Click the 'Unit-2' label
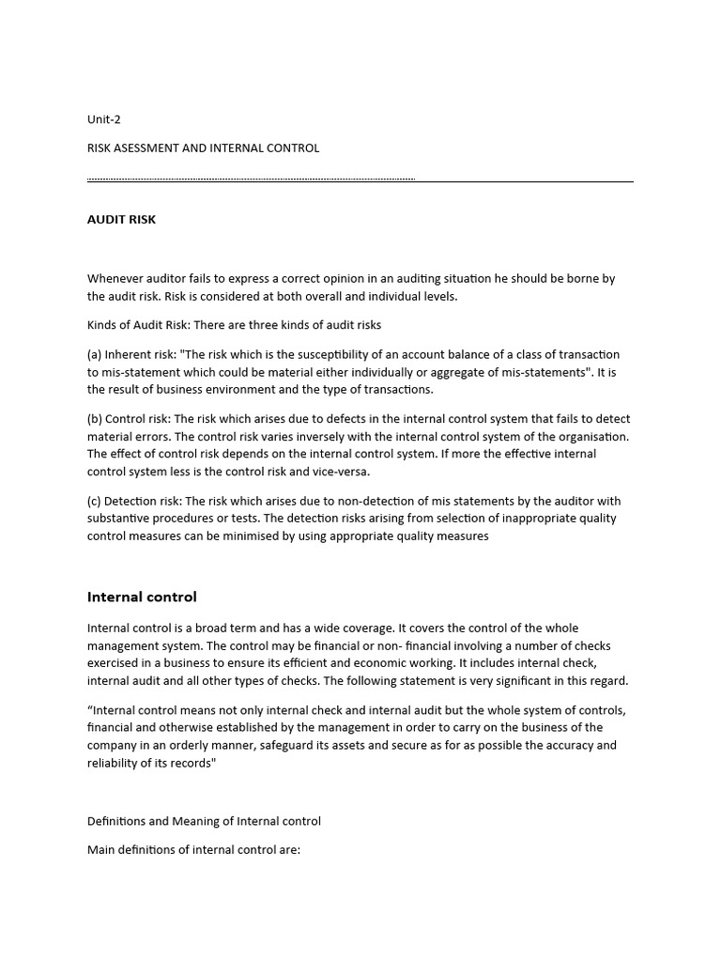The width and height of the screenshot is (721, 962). click(104, 119)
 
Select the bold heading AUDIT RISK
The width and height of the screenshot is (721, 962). click(121, 220)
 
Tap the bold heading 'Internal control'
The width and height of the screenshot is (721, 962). click(142, 597)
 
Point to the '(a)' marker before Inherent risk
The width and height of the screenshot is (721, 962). click(95, 355)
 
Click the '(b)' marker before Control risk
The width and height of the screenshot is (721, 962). click(95, 419)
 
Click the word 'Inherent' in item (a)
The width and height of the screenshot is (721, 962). click(128, 355)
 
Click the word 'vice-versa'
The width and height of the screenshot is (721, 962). click(341, 472)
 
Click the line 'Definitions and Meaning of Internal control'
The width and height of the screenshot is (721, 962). click(204, 821)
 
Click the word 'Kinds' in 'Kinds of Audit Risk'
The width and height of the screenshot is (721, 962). click(103, 325)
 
